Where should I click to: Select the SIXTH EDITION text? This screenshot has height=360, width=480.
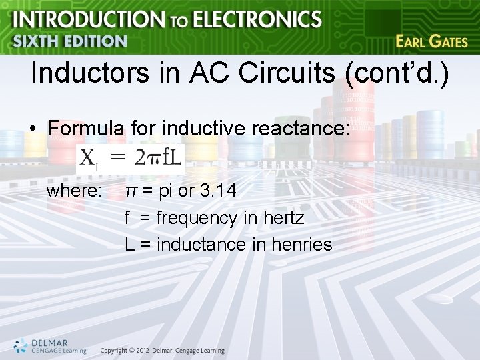click(70, 41)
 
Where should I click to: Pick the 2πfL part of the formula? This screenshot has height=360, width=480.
click(157, 158)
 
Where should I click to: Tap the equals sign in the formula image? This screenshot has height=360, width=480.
click(117, 159)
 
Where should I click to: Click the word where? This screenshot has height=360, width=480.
click(74, 191)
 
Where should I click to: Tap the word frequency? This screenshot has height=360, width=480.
click(197, 219)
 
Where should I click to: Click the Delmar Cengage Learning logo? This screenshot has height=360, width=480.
click(49, 345)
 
